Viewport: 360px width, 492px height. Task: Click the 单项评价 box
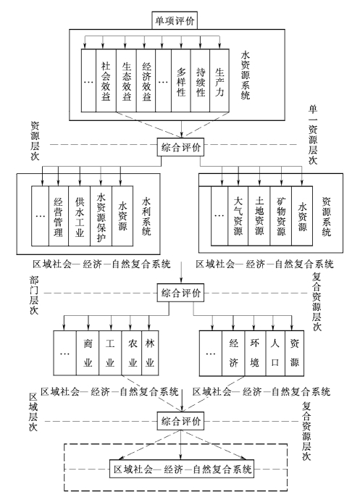175,20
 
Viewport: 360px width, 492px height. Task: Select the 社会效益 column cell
106,80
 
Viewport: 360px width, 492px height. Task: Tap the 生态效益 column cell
126,80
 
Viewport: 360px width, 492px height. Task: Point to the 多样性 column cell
181,80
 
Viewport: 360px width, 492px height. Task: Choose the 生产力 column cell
219,80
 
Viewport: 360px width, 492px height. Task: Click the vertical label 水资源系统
246,75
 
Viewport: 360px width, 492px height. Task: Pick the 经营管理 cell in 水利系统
59,216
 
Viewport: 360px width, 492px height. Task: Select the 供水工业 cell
80,216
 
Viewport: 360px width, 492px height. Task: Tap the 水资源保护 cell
101,216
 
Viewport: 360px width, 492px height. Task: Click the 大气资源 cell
238,215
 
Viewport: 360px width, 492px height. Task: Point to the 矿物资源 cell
280,215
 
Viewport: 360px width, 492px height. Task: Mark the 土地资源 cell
259,215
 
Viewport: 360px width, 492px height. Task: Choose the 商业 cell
88,353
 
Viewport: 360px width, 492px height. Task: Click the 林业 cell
150,353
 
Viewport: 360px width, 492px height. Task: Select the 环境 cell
255,353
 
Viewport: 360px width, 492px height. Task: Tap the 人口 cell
275,353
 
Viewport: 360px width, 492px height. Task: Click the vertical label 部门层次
34,295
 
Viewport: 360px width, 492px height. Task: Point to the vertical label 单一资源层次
313,135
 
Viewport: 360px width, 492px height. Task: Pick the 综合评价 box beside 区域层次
180,421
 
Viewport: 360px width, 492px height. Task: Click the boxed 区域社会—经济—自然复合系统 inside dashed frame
182,469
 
